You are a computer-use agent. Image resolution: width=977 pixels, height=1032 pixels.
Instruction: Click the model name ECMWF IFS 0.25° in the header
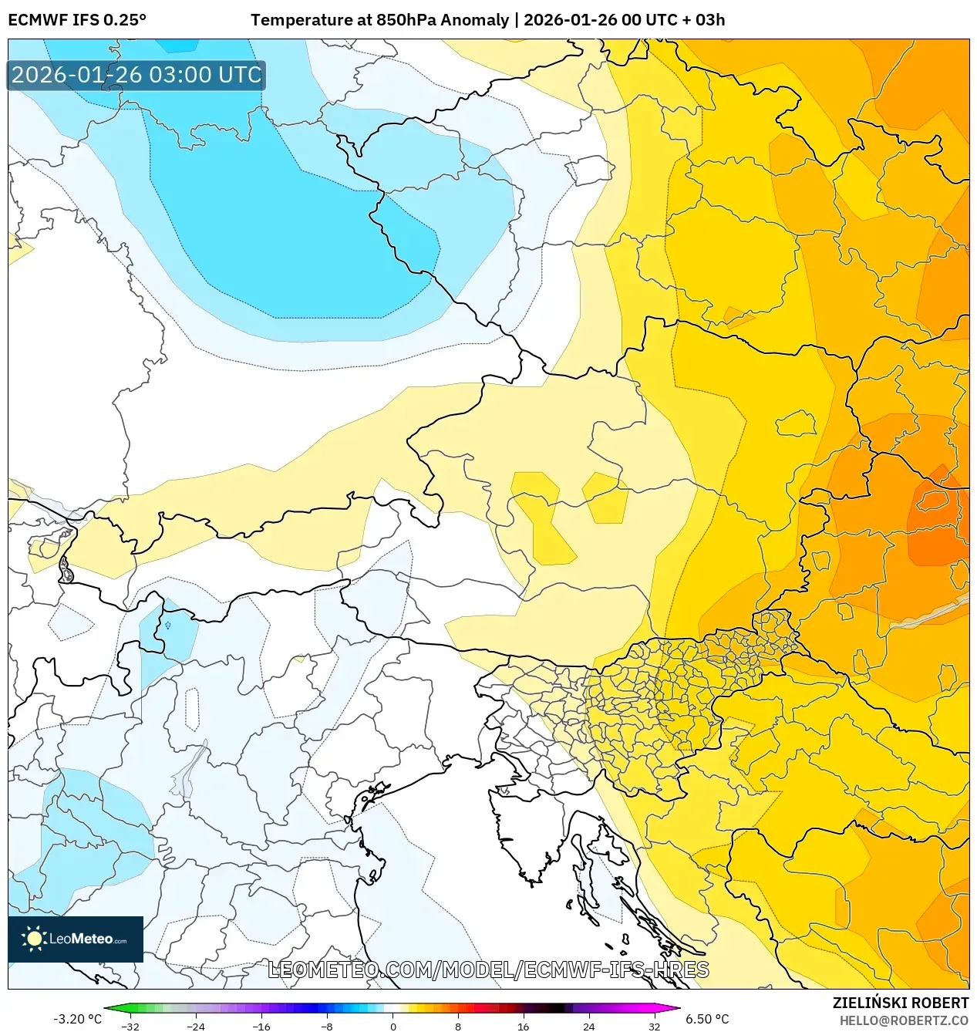click(x=77, y=20)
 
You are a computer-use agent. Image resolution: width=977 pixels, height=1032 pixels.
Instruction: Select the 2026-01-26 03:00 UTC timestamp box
click(x=136, y=76)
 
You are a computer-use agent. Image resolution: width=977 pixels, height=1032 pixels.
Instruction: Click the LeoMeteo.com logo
click(x=76, y=939)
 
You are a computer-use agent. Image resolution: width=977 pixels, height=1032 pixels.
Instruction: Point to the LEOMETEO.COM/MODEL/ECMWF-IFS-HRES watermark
click(x=488, y=970)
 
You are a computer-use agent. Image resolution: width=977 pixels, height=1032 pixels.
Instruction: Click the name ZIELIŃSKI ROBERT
click(x=900, y=1003)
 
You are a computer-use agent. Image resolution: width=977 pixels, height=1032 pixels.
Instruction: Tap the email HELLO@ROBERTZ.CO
click(x=904, y=1020)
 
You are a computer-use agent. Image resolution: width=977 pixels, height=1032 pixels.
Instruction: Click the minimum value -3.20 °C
click(x=77, y=1019)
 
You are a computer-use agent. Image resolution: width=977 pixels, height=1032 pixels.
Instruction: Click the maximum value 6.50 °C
click(x=707, y=1019)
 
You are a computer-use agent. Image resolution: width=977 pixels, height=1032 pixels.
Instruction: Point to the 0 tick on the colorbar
click(x=392, y=1027)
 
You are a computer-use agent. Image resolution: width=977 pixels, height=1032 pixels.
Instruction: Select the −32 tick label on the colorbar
click(x=130, y=1027)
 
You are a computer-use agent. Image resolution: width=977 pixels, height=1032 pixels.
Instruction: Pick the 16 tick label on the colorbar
click(x=523, y=1027)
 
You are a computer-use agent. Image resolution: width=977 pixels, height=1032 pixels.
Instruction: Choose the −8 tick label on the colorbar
click(x=326, y=1027)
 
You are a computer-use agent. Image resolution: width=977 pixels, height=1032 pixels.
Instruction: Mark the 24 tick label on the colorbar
click(x=588, y=1027)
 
